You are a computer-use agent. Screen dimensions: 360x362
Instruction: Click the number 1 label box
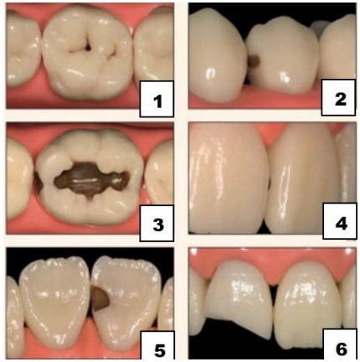coord(157,99)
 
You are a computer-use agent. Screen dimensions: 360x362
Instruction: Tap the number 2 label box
coord(338,97)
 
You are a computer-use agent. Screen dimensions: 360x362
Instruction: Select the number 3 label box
coord(157,223)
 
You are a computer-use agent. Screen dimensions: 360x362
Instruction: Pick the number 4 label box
coord(340,221)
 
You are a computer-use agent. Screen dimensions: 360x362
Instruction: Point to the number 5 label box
coord(157,345)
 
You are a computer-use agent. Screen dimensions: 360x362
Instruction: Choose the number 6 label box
coord(340,344)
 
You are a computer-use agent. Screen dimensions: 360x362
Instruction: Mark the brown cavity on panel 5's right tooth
coord(101,300)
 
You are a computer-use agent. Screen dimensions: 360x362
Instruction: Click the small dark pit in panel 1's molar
coord(88,48)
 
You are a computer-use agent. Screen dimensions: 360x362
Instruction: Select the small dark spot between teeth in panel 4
coord(269,184)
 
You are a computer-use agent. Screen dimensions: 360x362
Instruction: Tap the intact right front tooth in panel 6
coord(308,304)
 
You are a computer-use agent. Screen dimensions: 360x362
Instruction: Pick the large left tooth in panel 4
coord(228,178)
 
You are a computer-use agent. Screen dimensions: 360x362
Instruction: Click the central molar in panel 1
coord(86,53)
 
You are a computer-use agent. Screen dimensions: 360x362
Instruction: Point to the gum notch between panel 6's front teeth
coord(275,282)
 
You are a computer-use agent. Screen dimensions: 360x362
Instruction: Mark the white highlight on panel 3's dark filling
coord(83,181)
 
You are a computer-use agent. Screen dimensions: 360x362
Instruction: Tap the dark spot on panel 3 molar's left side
coord(39,181)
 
